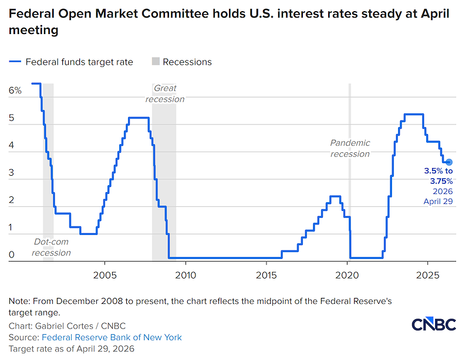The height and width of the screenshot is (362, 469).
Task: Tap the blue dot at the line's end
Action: [448, 162]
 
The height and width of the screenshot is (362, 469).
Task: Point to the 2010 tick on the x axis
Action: [185, 275]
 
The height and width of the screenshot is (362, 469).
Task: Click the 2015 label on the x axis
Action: [266, 275]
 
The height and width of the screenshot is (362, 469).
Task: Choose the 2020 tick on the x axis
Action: [347, 275]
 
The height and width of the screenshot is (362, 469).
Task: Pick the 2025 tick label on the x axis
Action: [427, 275]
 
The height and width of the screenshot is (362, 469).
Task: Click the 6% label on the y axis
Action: [15, 90]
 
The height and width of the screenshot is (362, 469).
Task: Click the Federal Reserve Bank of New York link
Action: [111, 337]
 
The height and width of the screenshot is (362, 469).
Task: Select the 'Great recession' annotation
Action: [165, 94]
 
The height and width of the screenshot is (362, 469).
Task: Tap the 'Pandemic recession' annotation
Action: [350, 148]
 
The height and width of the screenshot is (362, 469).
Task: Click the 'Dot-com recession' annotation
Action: [51, 247]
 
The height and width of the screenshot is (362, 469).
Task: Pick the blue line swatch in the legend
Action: [15, 62]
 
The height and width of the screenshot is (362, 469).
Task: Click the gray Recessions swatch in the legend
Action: [156, 62]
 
